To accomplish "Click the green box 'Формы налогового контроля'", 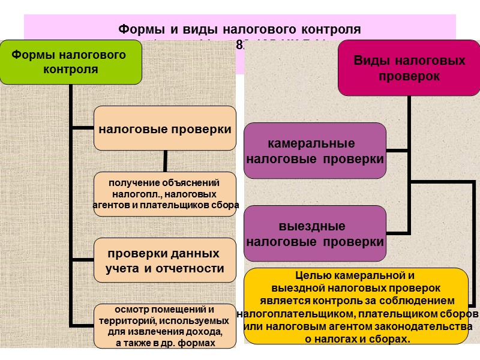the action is (x=70, y=62).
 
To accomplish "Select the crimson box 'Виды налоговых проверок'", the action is (x=409, y=69).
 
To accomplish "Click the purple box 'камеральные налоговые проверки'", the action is (x=315, y=151).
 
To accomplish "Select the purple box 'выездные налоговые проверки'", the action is (x=315, y=234).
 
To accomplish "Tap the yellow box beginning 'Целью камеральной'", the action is (x=356, y=306).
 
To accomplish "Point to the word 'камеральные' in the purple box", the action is (x=311, y=144).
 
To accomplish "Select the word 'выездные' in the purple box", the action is (x=312, y=227).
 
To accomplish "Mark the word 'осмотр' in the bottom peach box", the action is (x=136, y=310).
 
